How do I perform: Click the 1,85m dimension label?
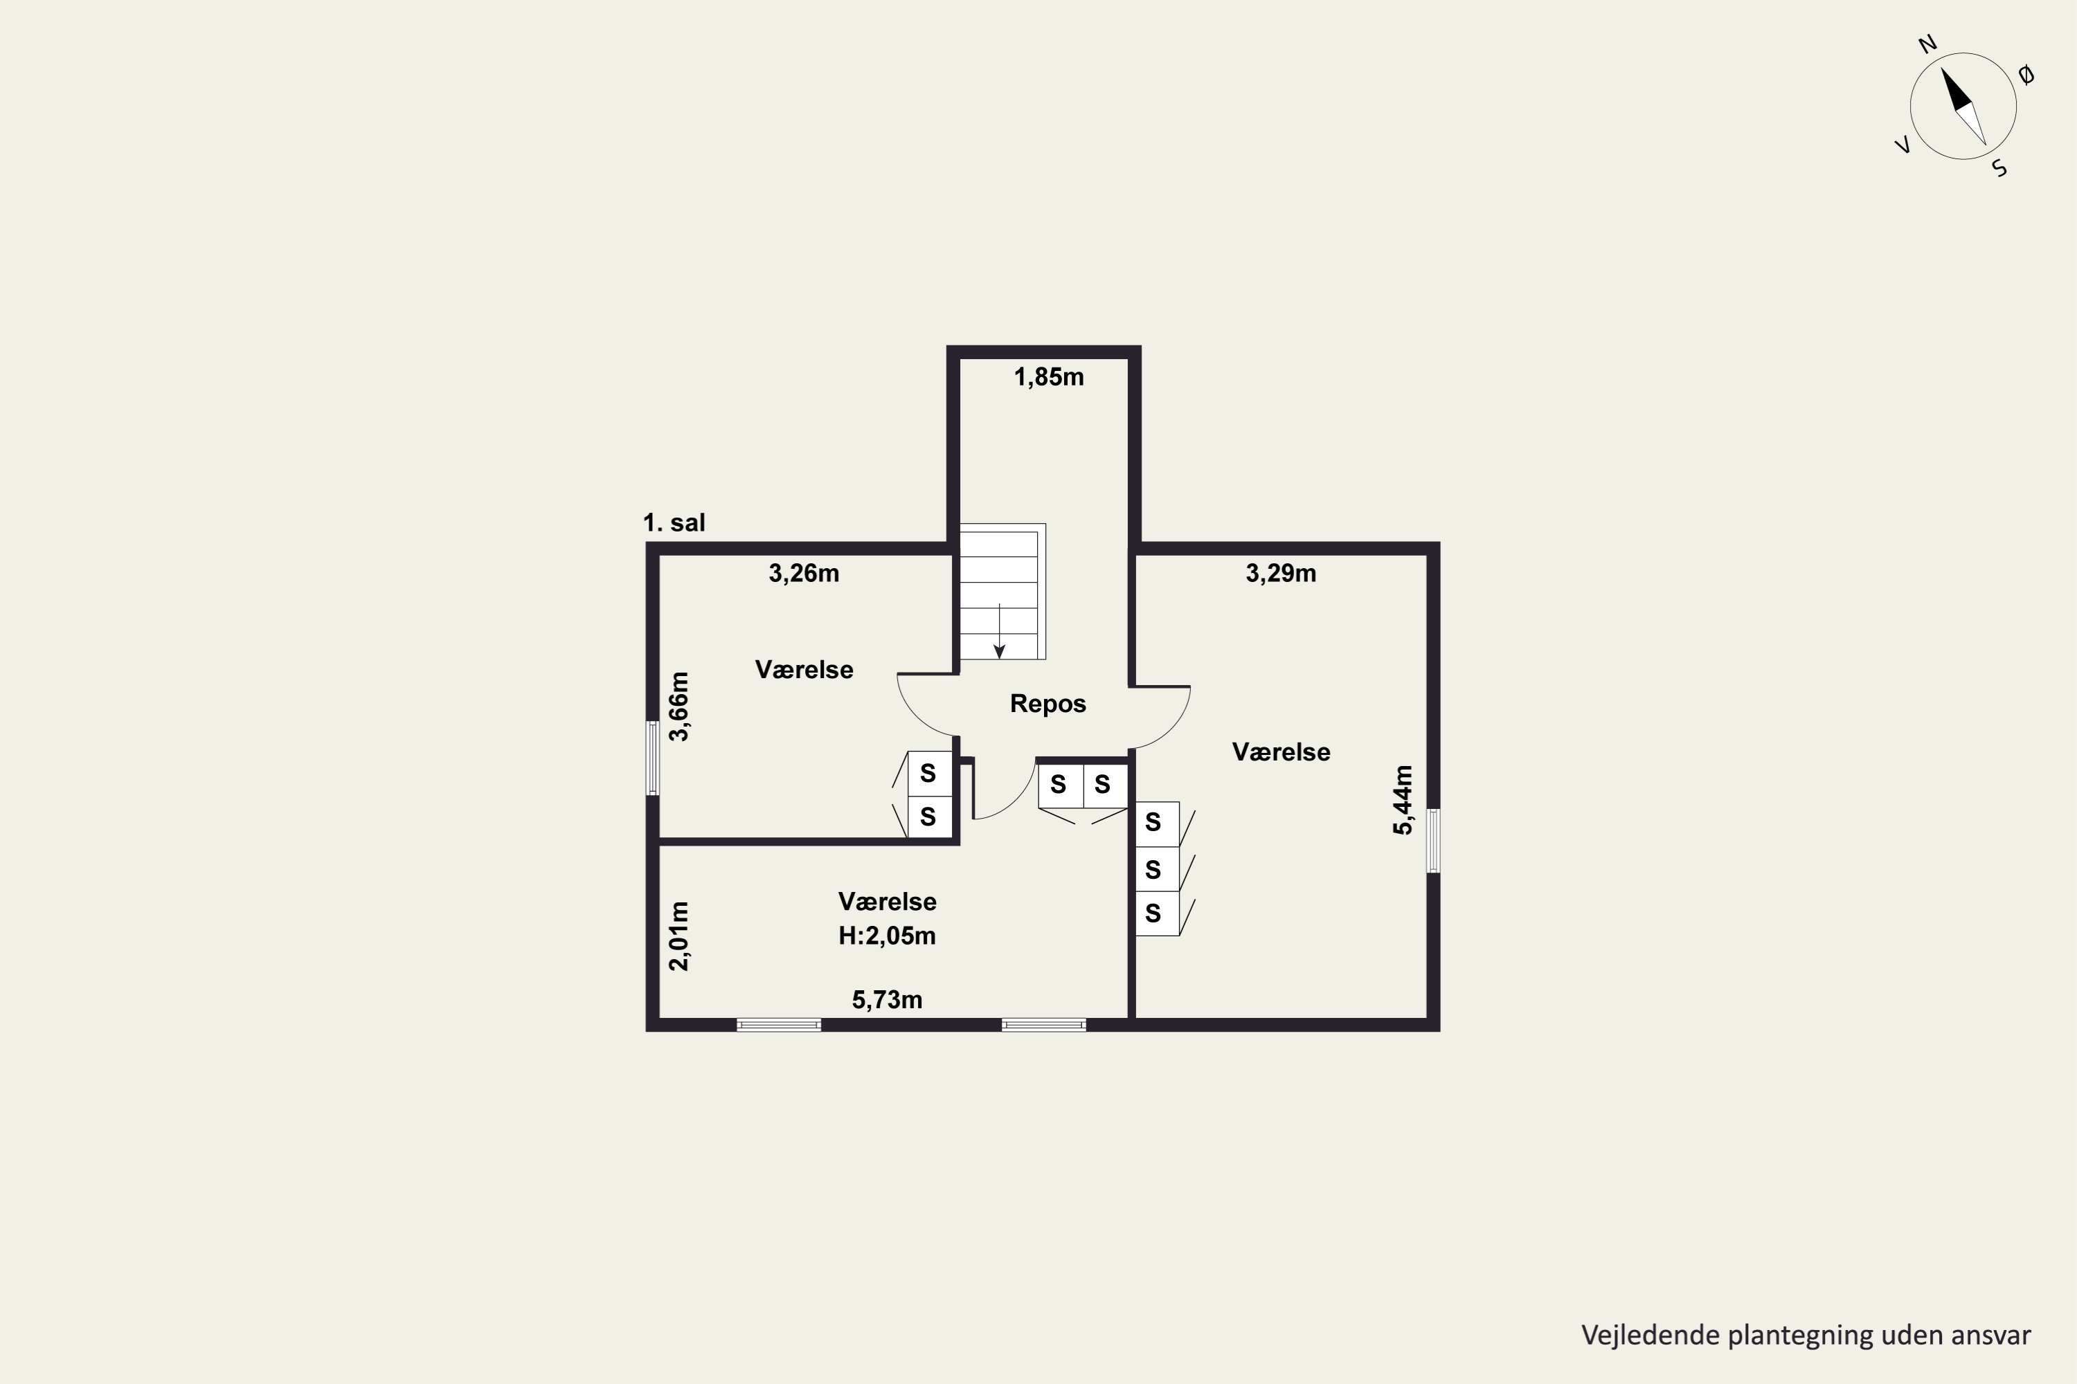1048,378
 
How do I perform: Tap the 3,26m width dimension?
804,574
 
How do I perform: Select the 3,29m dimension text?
1280,574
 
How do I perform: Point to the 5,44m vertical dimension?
1403,800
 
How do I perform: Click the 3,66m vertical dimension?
679,706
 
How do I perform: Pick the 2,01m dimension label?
679,936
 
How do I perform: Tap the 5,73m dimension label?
887,1000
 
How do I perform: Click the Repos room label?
1048,704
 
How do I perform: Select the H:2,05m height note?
887,936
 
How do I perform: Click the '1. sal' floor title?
674,522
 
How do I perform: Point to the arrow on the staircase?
999,631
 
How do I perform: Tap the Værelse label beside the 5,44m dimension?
1280,752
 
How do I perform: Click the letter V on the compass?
1904,145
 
